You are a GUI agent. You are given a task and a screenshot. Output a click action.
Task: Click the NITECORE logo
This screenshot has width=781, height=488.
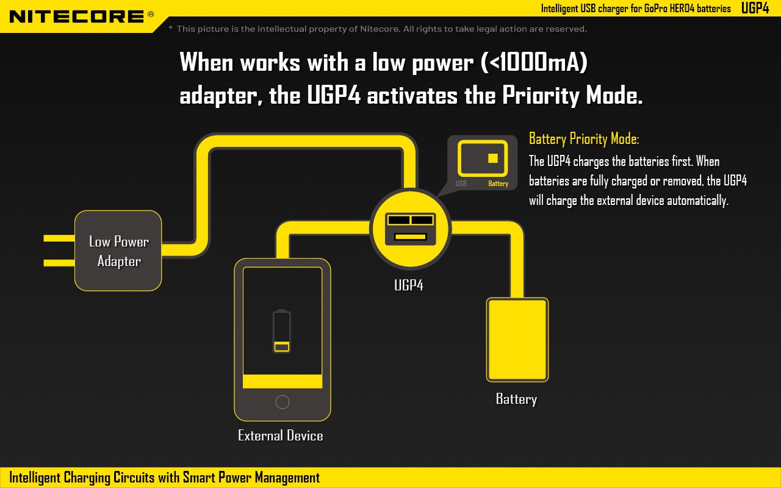(x=82, y=16)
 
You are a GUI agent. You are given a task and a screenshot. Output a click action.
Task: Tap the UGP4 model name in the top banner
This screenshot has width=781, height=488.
(x=755, y=8)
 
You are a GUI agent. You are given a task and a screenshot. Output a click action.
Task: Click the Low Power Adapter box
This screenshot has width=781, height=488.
(x=118, y=251)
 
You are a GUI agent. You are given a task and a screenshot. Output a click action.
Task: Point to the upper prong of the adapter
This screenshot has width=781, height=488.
(x=59, y=239)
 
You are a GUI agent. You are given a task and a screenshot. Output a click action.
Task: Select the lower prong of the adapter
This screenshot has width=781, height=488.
(x=59, y=263)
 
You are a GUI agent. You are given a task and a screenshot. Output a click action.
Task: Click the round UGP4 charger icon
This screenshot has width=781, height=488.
(x=411, y=229)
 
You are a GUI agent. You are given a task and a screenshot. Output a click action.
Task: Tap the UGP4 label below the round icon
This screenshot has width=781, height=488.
(x=409, y=285)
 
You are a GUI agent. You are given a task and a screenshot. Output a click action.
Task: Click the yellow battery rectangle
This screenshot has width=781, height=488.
(x=517, y=340)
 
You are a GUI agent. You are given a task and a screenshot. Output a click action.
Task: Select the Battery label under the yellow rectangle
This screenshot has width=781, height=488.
(x=516, y=399)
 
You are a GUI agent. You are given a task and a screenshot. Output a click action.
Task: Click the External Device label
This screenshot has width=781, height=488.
(x=280, y=436)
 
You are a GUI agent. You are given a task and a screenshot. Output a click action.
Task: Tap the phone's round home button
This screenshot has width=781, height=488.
(x=283, y=402)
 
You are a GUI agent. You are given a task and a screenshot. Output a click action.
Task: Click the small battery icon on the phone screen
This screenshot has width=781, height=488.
(x=282, y=331)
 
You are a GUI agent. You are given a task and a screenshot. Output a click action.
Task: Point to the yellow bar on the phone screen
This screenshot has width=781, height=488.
(x=283, y=381)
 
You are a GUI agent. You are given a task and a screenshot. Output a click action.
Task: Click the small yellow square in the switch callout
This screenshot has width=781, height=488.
(x=493, y=158)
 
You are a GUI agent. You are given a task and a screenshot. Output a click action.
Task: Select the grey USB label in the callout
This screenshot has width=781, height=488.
(x=461, y=184)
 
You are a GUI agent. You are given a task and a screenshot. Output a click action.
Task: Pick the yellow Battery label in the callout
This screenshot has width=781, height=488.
(x=498, y=184)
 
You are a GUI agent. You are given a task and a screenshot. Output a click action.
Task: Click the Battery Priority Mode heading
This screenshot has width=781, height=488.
(x=584, y=138)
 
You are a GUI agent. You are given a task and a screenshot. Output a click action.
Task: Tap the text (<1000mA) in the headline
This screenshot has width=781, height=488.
(x=534, y=62)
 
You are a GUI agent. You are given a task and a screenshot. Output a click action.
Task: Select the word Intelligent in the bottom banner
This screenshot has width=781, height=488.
(x=35, y=478)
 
